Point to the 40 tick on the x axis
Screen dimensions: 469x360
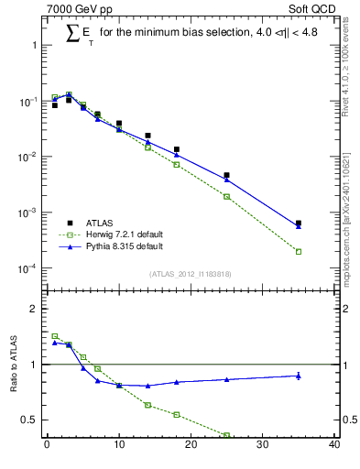click(334, 445)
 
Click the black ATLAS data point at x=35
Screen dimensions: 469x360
click(299, 223)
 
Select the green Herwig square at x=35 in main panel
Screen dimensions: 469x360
click(299, 251)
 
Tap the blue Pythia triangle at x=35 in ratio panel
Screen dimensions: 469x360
click(299, 376)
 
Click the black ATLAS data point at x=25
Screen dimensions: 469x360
click(226, 175)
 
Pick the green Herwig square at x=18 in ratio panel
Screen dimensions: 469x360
click(177, 414)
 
